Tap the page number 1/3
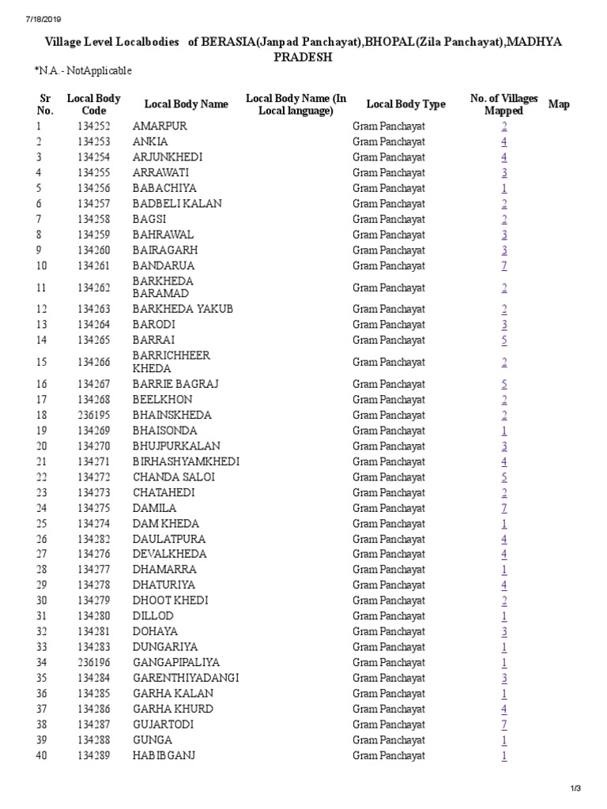coord(575,788)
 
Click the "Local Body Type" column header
coord(405,104)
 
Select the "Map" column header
coord(558,104)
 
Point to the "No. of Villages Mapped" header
coord(503,104)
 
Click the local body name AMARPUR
coord(160,126)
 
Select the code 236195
coord(94,416)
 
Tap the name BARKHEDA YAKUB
coord(183,309)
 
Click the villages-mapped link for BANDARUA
coord(503,265)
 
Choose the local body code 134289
coord(94,755)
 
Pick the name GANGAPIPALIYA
coord(175,662)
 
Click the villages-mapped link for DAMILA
coord(503,508)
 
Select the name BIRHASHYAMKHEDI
coord(186,461)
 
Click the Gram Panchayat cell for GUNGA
coord(388,740)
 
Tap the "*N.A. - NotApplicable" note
coord(83,71)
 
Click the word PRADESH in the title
coord(303,58)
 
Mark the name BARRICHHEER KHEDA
coord(171,362)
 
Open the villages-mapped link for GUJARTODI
coord(503,724)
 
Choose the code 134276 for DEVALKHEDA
coord(94,554)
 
